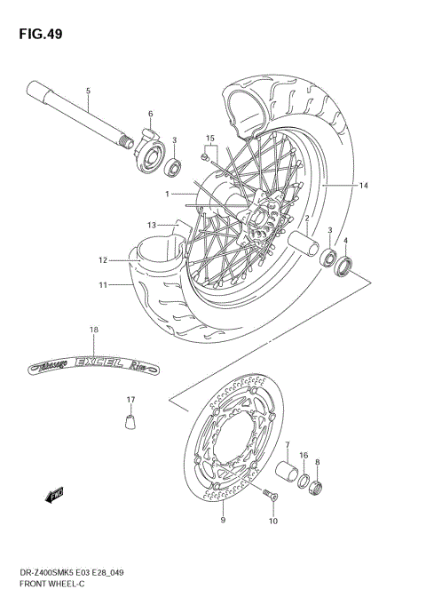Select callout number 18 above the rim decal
pos(93,330)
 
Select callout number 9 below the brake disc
pos(222,520)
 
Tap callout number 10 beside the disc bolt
pos(272,521)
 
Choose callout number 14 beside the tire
pos(363,186)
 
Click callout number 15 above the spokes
pos(210,139)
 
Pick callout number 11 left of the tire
pos(103,285)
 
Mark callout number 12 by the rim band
pos(103,260)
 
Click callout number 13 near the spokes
pos(152,225)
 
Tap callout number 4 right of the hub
pos(346,240)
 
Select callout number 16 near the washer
pos(303,456)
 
